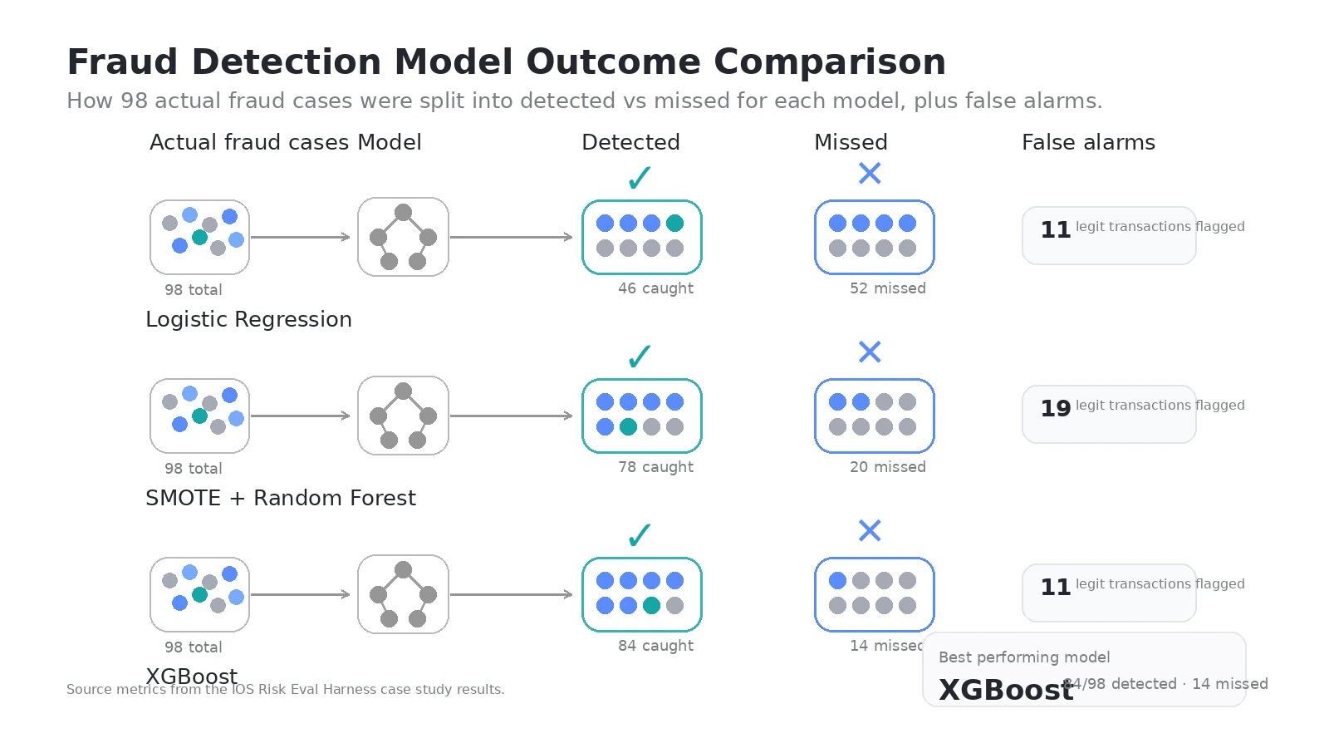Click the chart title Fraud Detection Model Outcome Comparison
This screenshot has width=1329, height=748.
(x=506, y=62)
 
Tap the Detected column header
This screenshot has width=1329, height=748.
(x=630, y=142)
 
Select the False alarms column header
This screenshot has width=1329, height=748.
(x=1088, y=142)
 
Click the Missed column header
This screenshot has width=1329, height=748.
(x=851, y=142)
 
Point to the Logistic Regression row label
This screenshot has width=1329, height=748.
(x=248, y=319)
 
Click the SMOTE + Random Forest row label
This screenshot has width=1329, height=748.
(x=280, y=498)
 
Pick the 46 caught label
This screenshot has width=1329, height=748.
(x=655, y=288)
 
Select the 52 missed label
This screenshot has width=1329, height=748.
(x=887, y=288)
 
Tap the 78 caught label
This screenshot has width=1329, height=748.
(x=655, y=467)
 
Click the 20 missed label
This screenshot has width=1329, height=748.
(x=887, y=467)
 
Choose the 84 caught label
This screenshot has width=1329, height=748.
(x=655, y=646)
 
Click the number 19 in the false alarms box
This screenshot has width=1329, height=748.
(x=1056, y=408)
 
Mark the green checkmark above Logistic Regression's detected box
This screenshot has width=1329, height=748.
(x=640, y=177)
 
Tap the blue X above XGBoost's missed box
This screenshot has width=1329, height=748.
(x=870, y=530)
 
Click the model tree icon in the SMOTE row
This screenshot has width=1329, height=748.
(x=403, y=416)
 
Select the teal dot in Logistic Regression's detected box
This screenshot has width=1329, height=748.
(x=674, y=223)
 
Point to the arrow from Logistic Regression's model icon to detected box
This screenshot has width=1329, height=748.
(x=511, y=237)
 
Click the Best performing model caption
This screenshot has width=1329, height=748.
(x=1024, y=657)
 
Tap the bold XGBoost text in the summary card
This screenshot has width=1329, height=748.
(x=1006, y=690)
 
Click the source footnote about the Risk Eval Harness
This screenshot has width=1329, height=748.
(x=285, y=690)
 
